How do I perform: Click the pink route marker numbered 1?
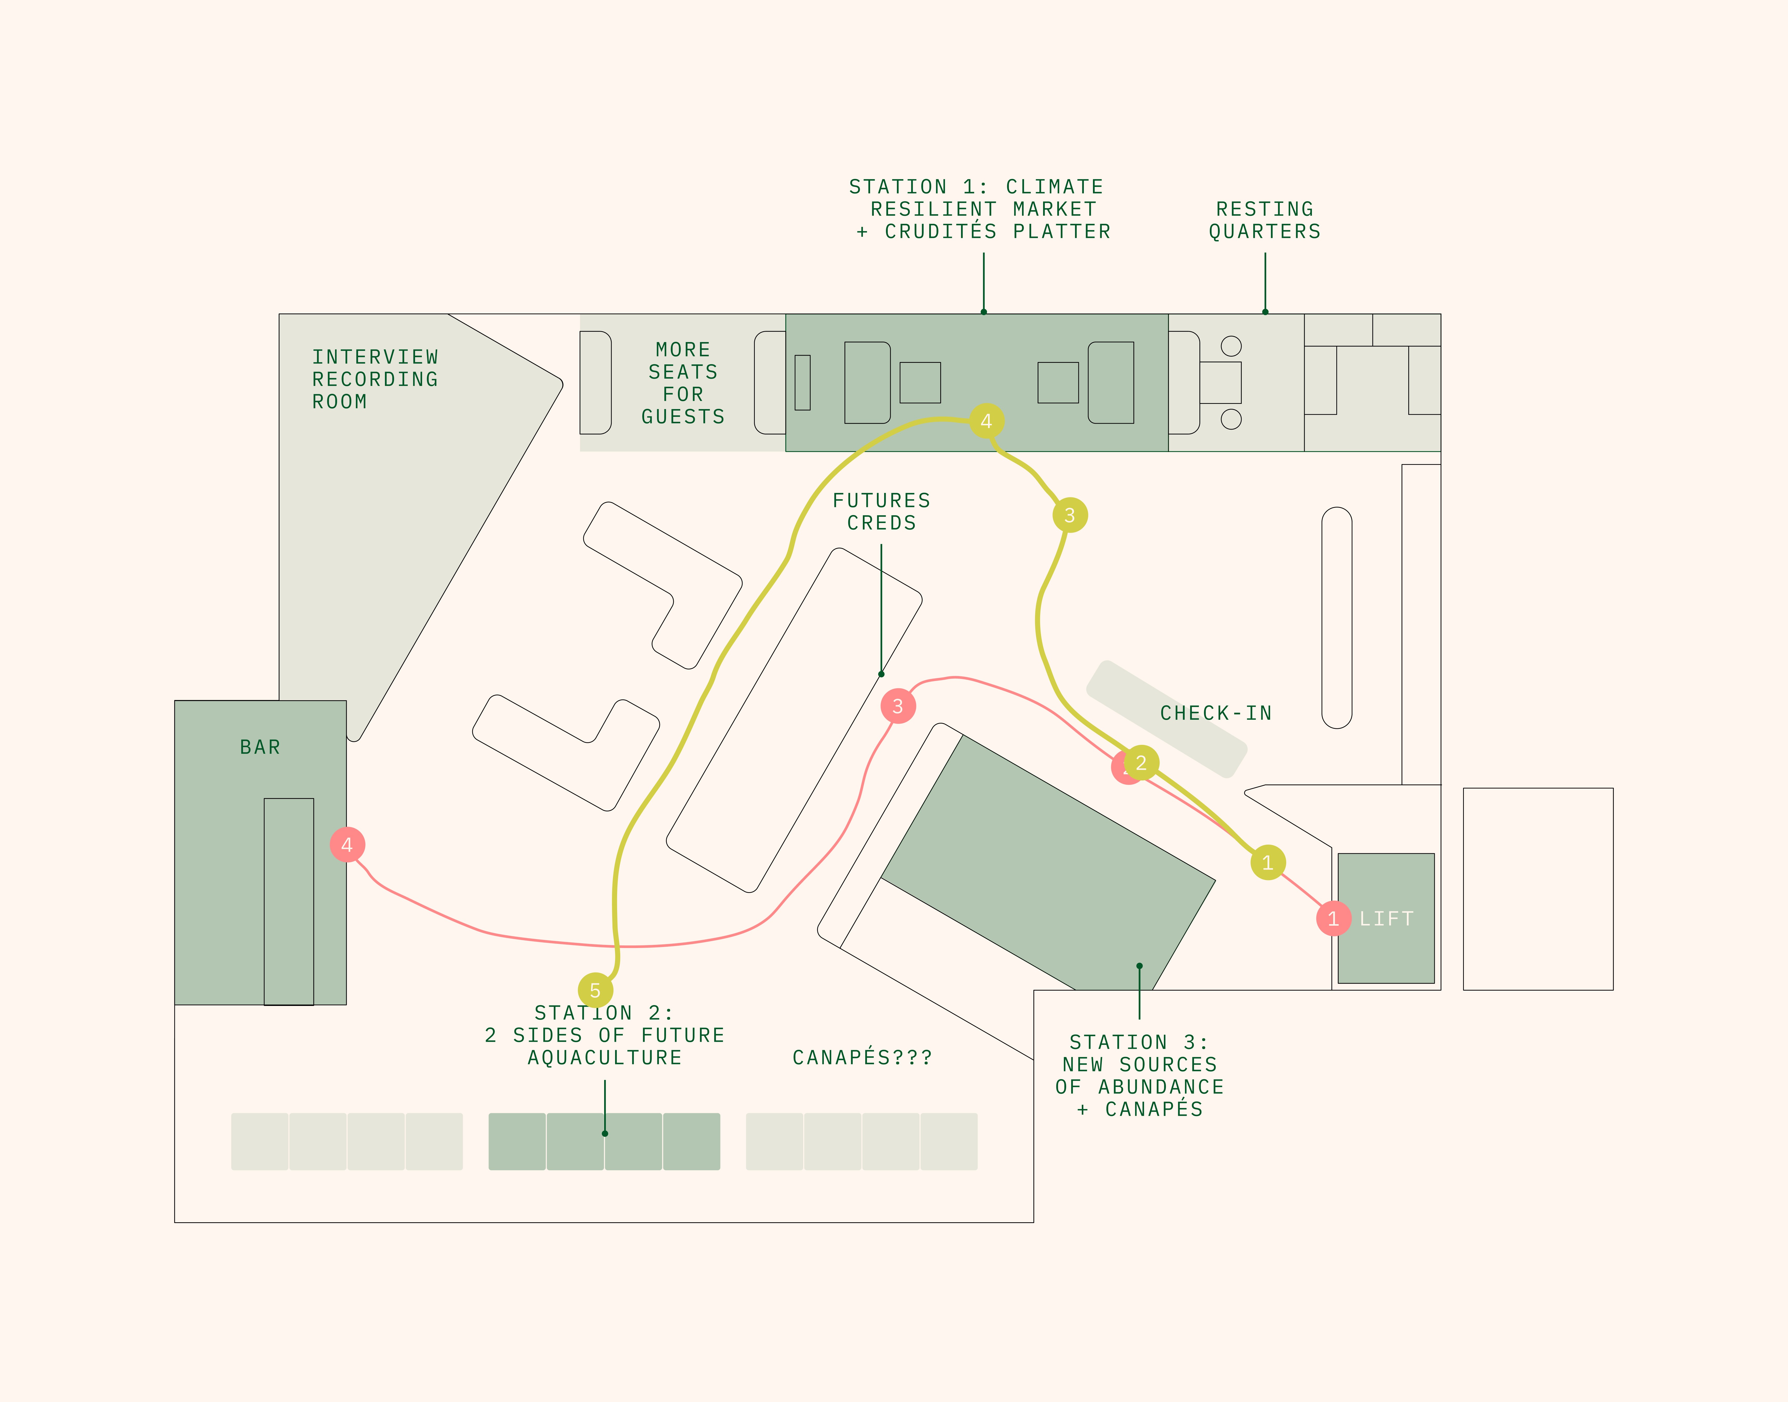pos(1333,919)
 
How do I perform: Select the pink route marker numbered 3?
pos(898,706)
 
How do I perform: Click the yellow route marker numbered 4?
pos(986,421)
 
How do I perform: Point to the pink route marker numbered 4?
pos(347,845)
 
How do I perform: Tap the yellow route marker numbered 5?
pos(595,991)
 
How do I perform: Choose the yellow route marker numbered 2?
pos(1141,763)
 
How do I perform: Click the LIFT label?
pos(1386,919)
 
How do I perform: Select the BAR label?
pos(260,747)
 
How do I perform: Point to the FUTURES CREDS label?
pos(882,511)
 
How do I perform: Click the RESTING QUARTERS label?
pos(1265,220)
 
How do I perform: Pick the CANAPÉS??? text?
pos(862,1057)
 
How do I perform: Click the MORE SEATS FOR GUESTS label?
pos(683,383)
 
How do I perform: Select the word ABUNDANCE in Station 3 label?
pos(1161,1087)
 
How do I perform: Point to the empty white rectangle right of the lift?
pos(1538,889)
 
